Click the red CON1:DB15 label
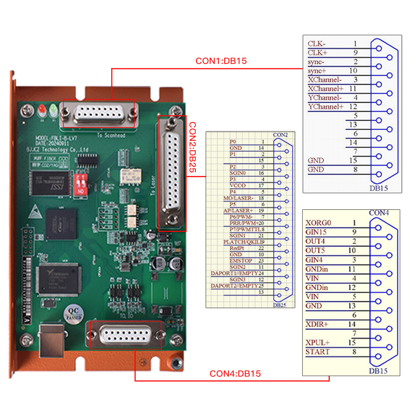click(221, 61)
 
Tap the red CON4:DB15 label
click(235, 374)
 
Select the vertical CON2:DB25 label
click(193, 147)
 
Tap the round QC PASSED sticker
click(73, 313)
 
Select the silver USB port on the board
click(51, 339)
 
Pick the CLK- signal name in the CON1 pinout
click(316, 44)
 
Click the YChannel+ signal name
click(326, 107)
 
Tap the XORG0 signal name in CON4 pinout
click(318, 223)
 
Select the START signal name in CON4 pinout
click(317, 352)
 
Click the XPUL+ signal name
click(317, 343)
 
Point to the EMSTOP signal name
click(241, 261)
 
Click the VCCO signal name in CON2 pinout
click(238, 186)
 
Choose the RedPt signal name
click(237, 248)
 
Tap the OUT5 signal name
click(315, 250)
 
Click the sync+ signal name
click(317, 71)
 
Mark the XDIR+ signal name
click(317, 324)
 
